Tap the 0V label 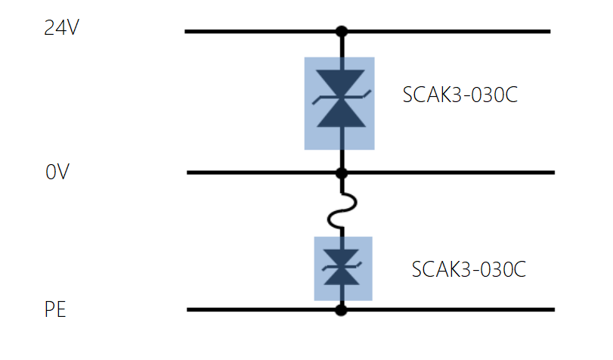57,172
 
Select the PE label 55,310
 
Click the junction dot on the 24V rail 342,32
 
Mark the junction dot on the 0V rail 342,173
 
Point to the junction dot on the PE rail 342,309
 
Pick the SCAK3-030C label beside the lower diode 468,270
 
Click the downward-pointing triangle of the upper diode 342,82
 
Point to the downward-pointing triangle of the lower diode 342,256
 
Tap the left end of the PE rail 190,309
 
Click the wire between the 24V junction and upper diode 342,45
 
